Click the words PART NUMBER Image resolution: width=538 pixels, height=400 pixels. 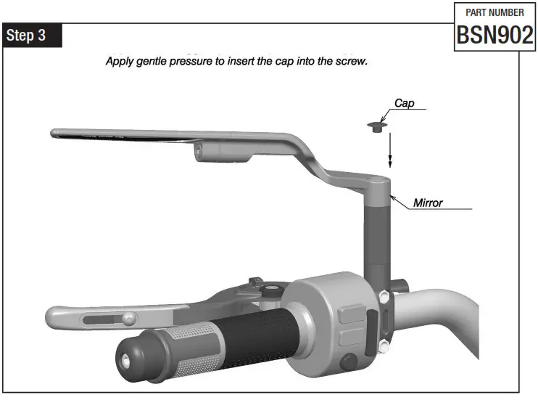click(x=494, y=12)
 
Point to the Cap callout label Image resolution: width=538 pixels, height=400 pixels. click(x=404, y=103)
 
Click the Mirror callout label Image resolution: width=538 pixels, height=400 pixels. click(x=428, y=202)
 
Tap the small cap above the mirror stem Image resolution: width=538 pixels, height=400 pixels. click(x=376, y=128)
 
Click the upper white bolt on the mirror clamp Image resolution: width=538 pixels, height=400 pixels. click(x=382, y=295)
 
